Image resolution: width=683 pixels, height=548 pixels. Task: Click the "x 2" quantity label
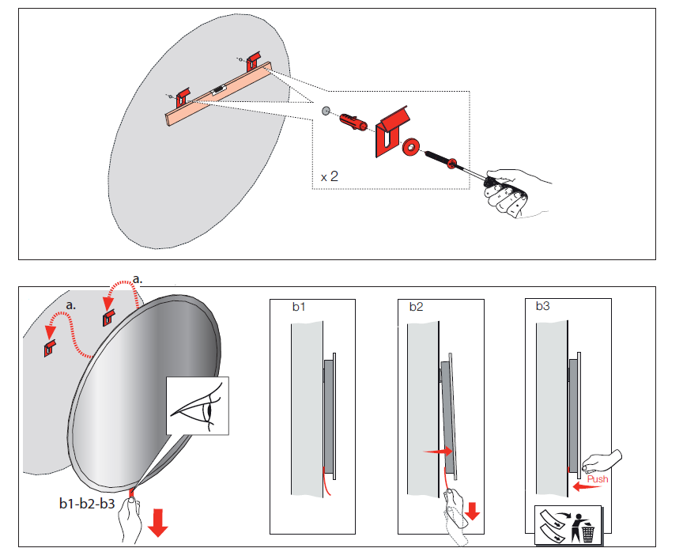point(330,176)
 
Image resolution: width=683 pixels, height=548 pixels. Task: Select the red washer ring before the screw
point(411,147)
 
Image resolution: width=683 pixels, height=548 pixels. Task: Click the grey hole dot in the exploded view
point(326,111)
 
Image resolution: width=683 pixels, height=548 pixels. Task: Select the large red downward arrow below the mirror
point(158,522)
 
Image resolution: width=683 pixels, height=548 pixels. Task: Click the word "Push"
point(598,479)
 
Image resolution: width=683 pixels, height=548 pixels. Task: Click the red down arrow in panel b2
point(473,509)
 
